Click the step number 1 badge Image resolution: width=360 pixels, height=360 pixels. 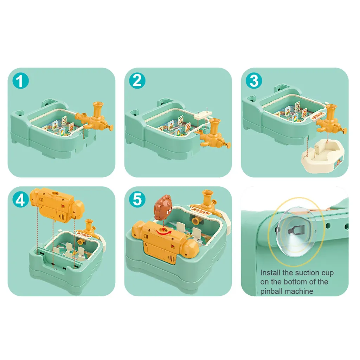(x=20, y=81)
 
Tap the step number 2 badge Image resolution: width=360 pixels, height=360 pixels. (x=137, y=81)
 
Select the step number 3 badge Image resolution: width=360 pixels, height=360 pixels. (x=254, y=81)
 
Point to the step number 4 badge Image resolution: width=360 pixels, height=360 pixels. (x=20, y=199)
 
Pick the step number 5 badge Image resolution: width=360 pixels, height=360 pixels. (x=137, y=199)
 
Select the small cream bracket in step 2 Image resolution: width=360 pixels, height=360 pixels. (x=203, y=115)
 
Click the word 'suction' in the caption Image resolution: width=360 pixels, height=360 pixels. (x=305, y=273)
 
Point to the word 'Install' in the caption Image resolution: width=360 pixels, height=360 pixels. (x=270, y=273)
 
